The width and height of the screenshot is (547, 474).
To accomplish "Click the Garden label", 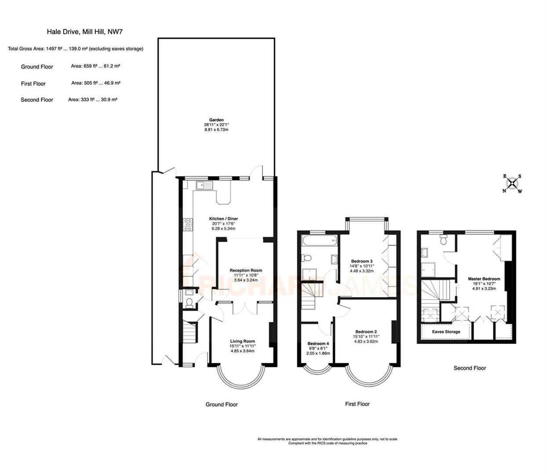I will click(x=216, y=120).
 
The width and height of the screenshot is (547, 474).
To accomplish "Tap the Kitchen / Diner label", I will click(x=223, y=219).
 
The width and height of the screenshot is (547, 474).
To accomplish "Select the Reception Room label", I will click(x=246, y=270).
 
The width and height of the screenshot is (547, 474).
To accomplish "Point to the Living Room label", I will click(x=243, y=341).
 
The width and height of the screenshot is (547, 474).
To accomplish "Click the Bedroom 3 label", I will click(x=362, y=261).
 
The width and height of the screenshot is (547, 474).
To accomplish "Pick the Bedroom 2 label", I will click(x=366, y=332).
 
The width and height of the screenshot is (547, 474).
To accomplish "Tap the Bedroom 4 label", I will click(x=318, y=344).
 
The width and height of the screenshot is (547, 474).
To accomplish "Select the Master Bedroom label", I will click(x=484, y=279).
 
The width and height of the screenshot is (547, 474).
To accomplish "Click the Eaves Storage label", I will click(x=446, y=332).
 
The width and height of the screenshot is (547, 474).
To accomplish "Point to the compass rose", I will click(x=512, y=183).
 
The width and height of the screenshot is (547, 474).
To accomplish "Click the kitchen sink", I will click(x=204, y=185).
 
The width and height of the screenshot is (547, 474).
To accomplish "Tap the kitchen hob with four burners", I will click(x=188, y=225).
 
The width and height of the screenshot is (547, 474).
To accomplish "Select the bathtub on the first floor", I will click(x=319, y=240).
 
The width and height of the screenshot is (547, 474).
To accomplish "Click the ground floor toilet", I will click(x=189, y=302).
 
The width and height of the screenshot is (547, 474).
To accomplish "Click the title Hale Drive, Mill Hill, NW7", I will click(x=82, y=32).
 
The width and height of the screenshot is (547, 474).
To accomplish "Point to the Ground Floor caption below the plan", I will click(x=221, y=404).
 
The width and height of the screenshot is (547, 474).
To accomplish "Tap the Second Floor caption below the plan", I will click(x=470, y=368).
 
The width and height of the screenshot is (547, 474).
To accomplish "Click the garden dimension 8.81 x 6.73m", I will click(x=216, y=130).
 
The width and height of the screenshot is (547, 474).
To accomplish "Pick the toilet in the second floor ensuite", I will click(x=443, y=240).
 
